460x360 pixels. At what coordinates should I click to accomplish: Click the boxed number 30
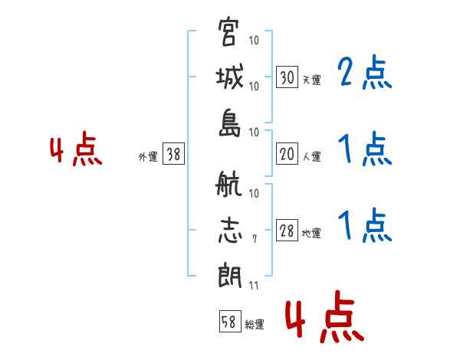click(287, 77)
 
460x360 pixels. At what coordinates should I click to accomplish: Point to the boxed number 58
click(228, 322)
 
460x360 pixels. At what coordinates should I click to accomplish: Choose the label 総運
click(254, 324)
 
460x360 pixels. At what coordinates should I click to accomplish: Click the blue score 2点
click(364, 74)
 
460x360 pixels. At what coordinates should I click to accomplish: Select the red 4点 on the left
click(76, 151)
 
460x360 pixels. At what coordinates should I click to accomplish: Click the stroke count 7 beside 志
click(255, 240)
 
